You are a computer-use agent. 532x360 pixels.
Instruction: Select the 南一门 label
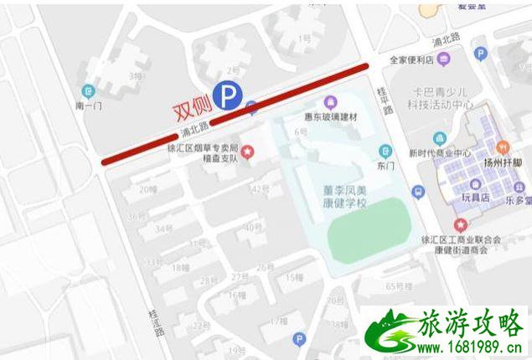(x=88, y=107)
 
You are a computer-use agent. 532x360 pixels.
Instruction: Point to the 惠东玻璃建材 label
(x=330, y=117)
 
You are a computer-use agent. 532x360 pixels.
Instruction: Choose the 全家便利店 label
(x=410, y=60)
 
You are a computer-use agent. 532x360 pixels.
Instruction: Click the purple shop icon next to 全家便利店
(x=443, y=59)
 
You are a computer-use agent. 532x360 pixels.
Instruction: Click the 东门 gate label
(x=385, y=167)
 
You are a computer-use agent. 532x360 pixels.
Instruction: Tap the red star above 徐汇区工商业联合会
(x=460, y=225)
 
